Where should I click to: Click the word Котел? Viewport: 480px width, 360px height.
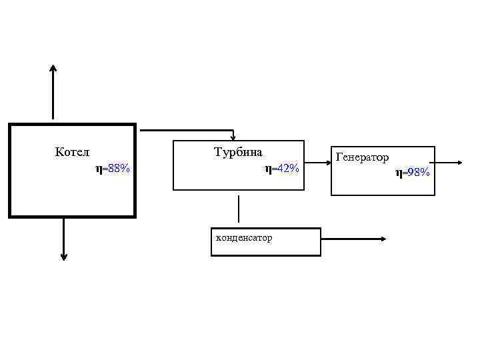pos(72,152)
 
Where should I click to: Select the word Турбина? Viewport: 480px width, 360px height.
pos(238,152)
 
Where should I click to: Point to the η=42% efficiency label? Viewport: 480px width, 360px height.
pos(282,169)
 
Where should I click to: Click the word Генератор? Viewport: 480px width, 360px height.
pos(363,157)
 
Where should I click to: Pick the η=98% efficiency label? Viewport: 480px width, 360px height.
pos(413,173)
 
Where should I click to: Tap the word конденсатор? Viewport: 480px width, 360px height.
pos(243,237)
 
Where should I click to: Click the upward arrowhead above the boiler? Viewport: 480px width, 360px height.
pos(53,68)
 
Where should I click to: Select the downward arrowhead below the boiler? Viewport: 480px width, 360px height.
pos(63,256)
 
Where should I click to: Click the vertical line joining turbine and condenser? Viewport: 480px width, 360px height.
pos(238,209)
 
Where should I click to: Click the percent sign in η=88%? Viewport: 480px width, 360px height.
pos(125,169)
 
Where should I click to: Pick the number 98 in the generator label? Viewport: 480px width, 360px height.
pos(414,173)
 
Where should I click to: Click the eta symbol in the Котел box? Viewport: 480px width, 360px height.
pos(99,170)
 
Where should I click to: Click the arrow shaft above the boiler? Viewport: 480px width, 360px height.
pos(53,97)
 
